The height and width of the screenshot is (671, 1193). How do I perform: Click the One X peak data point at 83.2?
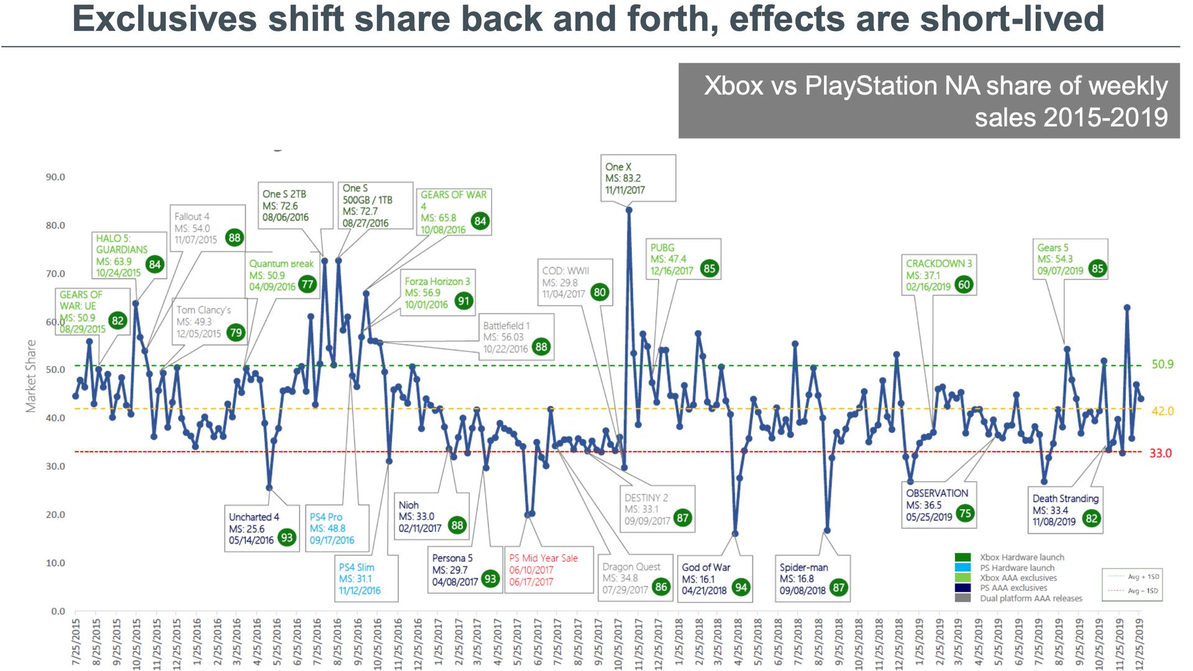tap(629, 210)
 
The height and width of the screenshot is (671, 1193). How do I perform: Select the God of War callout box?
tap(715, 578)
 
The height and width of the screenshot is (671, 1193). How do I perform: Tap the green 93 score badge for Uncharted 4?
tap(286, 537)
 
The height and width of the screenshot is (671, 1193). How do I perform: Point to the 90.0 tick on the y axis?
tap(55, 177)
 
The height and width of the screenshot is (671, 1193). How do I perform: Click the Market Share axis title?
tap(30, 376)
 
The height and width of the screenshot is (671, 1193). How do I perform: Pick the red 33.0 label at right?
tap(1160, 453)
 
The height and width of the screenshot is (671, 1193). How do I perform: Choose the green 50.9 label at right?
tap(1162, 364)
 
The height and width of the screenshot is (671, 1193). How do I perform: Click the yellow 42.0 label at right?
tap(1162, 411)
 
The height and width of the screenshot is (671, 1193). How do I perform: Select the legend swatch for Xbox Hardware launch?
tap(962, 557)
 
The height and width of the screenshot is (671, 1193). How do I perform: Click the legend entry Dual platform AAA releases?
tap(1031, 598)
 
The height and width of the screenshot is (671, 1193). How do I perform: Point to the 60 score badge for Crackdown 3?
tap(964, 285)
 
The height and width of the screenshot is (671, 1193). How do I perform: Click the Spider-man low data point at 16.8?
tap(827, 531)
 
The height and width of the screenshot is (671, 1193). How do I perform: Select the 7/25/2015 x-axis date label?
tap(76, 642)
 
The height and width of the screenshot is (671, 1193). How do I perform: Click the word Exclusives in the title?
tap(164, 19)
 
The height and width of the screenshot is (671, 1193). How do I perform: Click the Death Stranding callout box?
tap(1065, 509)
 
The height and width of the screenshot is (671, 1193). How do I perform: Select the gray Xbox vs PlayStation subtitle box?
tap(928, 101)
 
